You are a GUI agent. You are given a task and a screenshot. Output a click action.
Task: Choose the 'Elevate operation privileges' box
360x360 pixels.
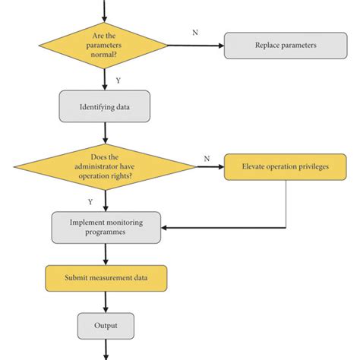pyautogui.click(x=285, y=166)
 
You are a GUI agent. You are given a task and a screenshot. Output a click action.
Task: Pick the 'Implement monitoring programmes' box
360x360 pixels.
pyautogui.click(x=106, y=226)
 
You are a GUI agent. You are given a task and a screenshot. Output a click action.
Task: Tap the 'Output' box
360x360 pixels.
pyautogui.click(x=106, y=326)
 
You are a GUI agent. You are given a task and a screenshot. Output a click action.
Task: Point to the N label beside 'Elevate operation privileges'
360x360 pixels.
pyautogui.click(x=206, y=158)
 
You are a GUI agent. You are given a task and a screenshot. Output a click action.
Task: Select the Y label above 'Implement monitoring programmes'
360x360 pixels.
pyautogui.click(x=90, y=202)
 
